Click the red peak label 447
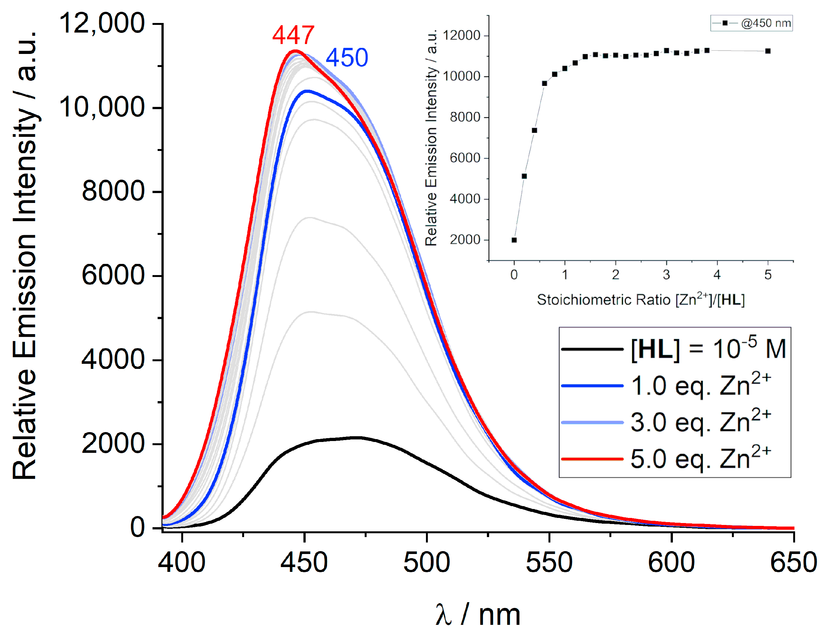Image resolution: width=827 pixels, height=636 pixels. pyautogui.click(x=293, y=35)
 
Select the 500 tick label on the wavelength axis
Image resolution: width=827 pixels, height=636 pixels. pyautogui.click(x=426, y=563)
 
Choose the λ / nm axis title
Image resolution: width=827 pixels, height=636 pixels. pyautogui.click(x=478, y=615)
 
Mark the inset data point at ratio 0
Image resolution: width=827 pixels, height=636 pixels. pyautogui.click(x=514, y=240)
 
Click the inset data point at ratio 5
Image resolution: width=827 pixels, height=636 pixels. pyautogui.click(x=767, y=51)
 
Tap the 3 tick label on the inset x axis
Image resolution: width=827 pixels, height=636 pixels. pyautogui.click(x=666, y=275)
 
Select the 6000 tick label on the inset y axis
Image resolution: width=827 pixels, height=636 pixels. pyautogui.click(x=465, y=158)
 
